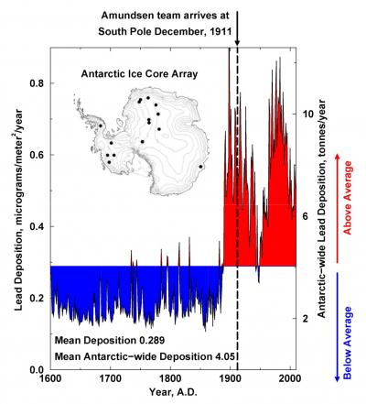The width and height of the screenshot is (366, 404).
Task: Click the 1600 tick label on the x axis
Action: click(49, 377)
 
